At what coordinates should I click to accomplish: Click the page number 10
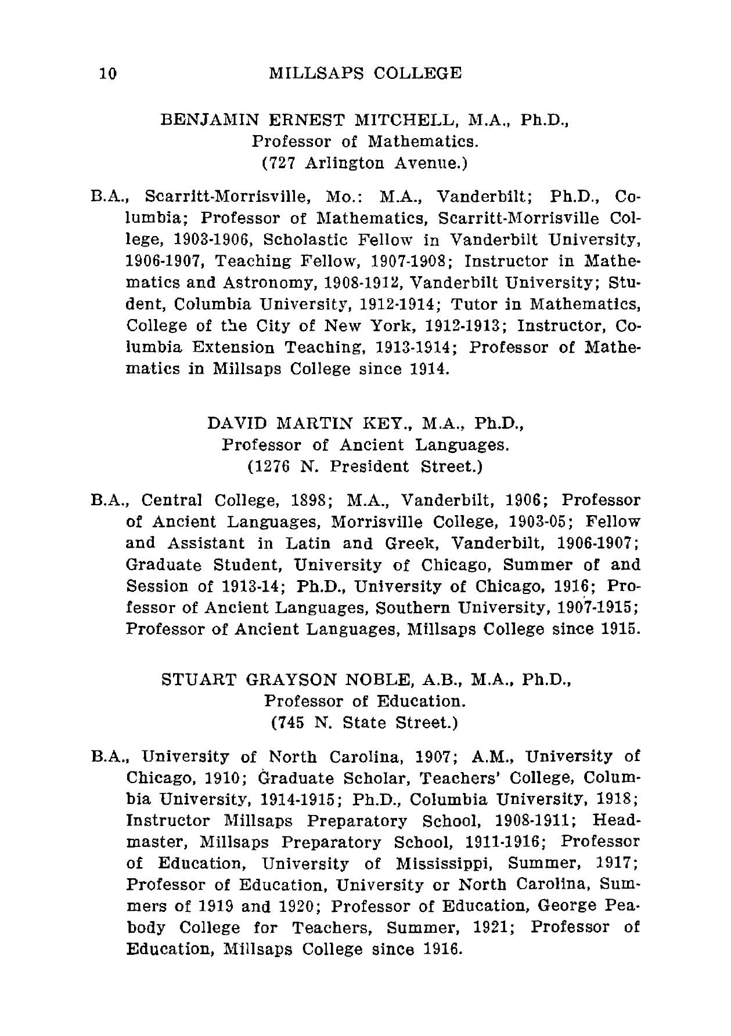(109, 74)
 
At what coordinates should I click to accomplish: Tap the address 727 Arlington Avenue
(365, 163)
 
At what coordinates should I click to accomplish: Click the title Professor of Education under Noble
(365, 701)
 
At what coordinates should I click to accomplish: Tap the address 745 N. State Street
(365, 723)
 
